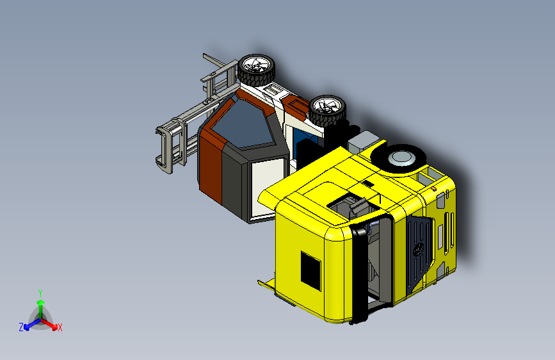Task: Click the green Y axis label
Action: click(40, 293)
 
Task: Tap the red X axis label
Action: click(60, 327)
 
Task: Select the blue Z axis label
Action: click(21, 327)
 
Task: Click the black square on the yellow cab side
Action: click(310, 271)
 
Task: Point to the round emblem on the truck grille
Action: click(419, 249)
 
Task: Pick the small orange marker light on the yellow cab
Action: click(434, 189)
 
